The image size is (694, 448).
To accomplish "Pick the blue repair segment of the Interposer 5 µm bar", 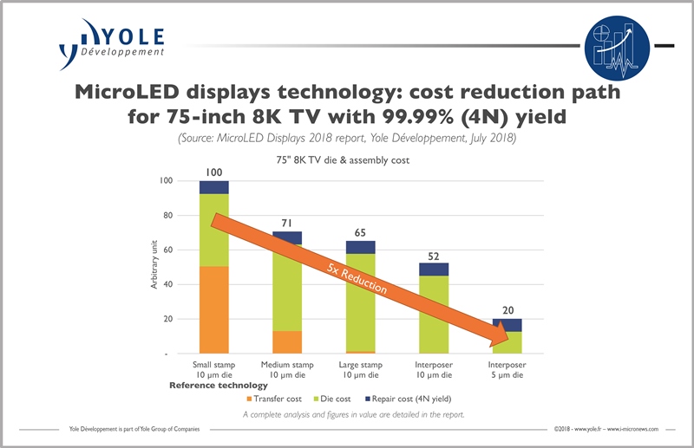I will pyautogui.click(x=507, y=325).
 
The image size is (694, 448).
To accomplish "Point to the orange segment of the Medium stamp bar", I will pyautogui.click(x=287, y=342).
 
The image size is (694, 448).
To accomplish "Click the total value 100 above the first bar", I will pyautogui.click(x=213, y=172).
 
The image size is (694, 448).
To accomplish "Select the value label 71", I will pyautogui.click(x=287, y=223).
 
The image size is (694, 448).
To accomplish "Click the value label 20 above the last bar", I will pyautogui.click(x=507, y=310).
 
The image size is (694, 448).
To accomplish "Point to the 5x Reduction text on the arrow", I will pyautogui.click(x=351, y=277).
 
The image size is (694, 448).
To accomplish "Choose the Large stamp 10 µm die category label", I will pyautogui.click(x=360, y=370).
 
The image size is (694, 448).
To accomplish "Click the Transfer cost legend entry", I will pyautogui.click(x=275, y=399).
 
